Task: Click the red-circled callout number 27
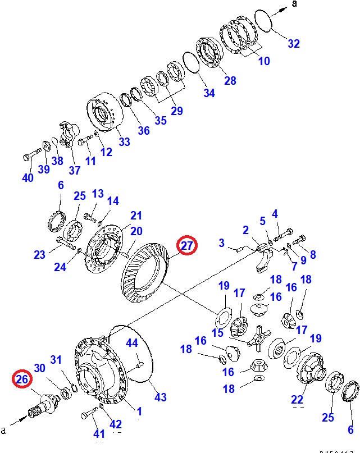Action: pos(187,246)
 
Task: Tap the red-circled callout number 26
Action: pos(22,380)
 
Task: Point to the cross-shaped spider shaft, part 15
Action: pos(259,338)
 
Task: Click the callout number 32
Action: pos(294,44)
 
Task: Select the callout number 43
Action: pos(161,397)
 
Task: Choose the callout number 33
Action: pos(124,142)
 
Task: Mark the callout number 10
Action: pos(264,61)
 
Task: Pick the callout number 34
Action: pos(209,93)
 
